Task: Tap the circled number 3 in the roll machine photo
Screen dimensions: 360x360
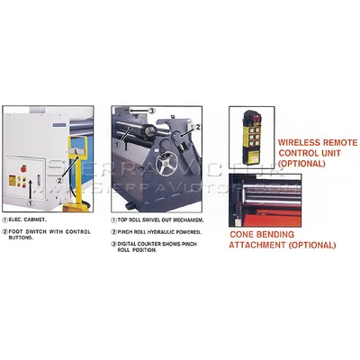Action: pos(152,112)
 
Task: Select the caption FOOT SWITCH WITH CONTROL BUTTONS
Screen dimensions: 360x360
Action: pos(54,232)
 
